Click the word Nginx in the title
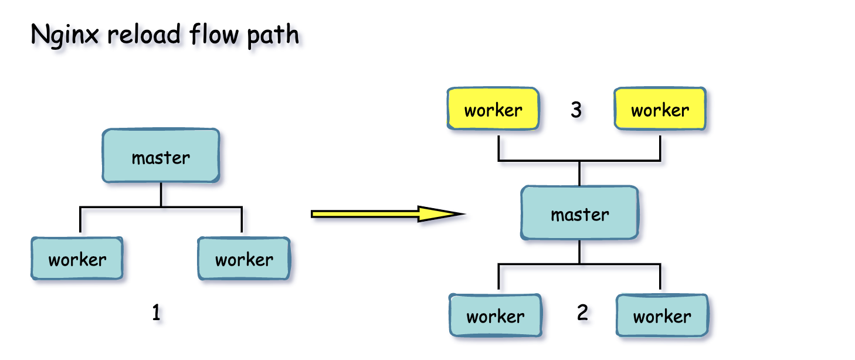tap(65, 35)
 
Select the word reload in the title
tap(144, 34)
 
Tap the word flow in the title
tap(213, 34)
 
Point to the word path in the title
tap(273, 36)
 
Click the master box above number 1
tap(161, 155)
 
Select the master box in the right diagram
tap(579, 213)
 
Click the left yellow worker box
tap(493, 108)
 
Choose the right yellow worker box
tap(660, 108)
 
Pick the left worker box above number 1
tap(77, 258)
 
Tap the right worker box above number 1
tap(244, 258)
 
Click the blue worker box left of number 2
tap(495, 315)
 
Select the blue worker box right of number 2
tap(662, 315)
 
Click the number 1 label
tap(156, 313)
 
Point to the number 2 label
tap(582, 313)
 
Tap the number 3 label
tap(576, 110)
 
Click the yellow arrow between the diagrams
tap(388, 214)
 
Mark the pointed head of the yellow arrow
tap(465, 214)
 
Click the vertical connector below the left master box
tap(161, 195)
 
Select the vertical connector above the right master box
tap(579, 174)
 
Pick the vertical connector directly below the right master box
tap(579, 252)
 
